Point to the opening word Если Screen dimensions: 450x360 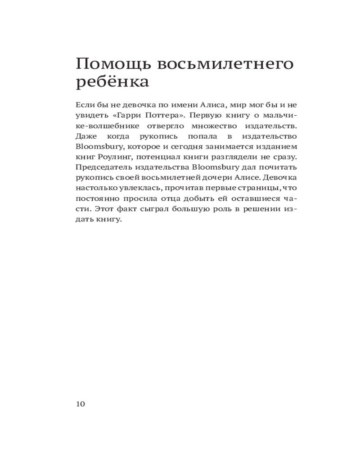[x=84, y=105]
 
